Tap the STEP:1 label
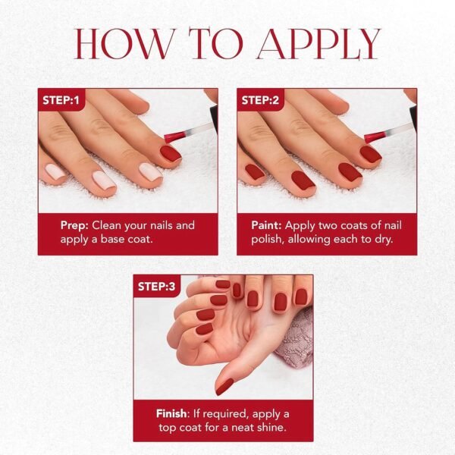pos(62,99)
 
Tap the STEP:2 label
pos(261,99)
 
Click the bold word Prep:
pos(75,225)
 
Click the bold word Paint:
pos(268,225)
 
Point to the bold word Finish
pos(171,413)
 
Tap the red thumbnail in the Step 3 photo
pos(224,386)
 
